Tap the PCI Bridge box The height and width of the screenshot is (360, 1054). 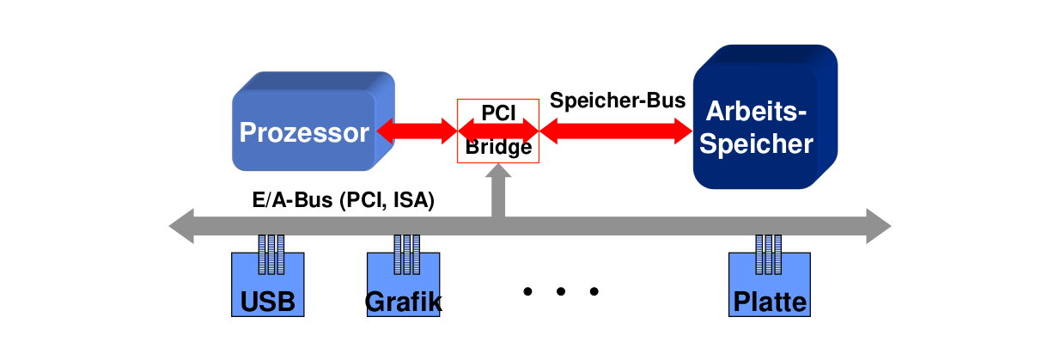click(498, 131)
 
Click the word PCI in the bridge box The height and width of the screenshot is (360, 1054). click(498, 112)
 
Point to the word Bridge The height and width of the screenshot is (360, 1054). click(498, 148)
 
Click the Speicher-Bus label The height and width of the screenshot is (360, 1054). click(617, 100)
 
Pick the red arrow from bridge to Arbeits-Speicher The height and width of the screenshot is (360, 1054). click(616, 131)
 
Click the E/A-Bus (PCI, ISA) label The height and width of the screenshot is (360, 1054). click(344, 201)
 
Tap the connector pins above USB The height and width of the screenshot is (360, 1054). click(271, 253)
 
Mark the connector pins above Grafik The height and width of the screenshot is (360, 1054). click(407, 253)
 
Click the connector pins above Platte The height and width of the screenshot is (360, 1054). click(769, 253)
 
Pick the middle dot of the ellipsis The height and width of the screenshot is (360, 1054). click(560, 292)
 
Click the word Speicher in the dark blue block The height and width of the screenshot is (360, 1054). click(756, 144)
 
